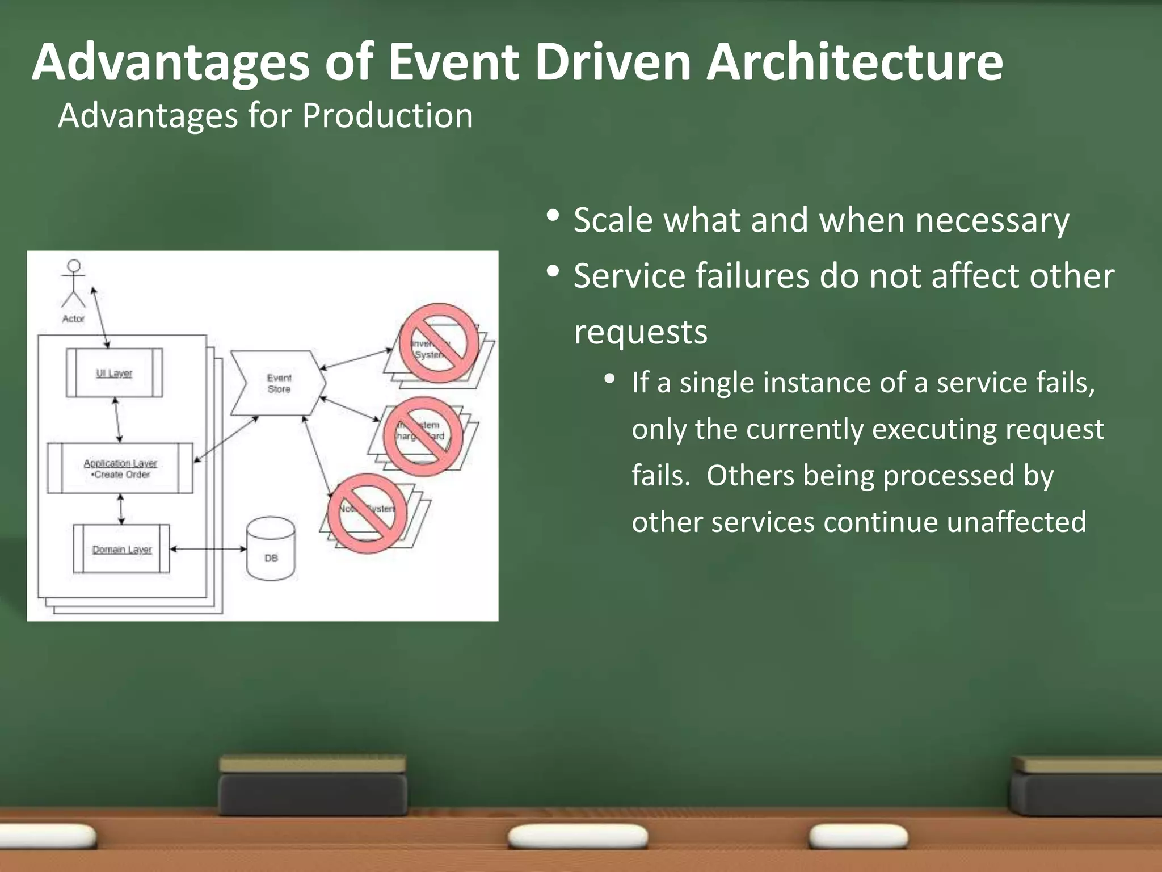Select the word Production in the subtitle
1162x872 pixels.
[387, 116]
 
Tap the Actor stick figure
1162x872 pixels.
[74, 284]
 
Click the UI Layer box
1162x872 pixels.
[114, 373]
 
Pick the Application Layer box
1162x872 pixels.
[120, 468]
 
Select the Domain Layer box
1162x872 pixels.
[121, 549]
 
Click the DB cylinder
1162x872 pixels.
[271, 550]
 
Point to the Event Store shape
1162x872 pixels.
[278, 383]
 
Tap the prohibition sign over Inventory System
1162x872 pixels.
[439, 342]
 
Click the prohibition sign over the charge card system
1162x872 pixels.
[423, 436]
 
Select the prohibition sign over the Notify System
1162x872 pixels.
[367, 513]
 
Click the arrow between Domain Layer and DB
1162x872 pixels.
[208, 549]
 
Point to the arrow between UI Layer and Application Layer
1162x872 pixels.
[117, 420]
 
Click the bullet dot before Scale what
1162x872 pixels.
[553, 216]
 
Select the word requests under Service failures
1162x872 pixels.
[641, 332]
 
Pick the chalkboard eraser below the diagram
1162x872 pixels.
[313, 786]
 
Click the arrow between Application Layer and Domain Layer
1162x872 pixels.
[121, 509]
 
